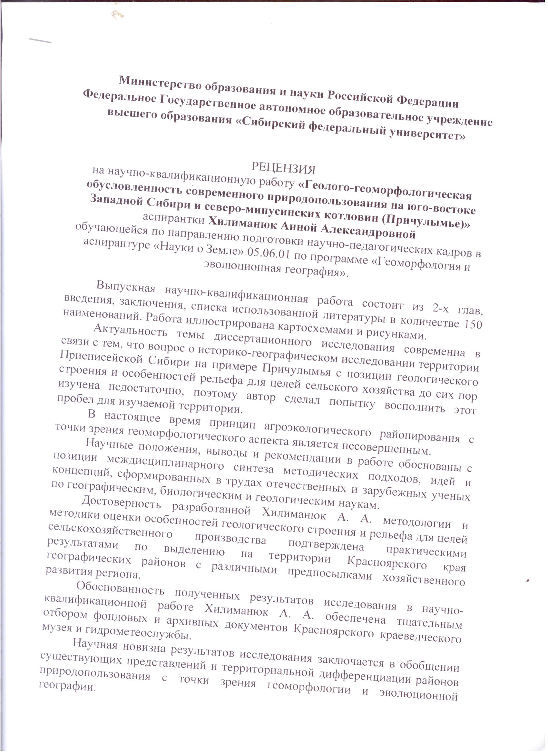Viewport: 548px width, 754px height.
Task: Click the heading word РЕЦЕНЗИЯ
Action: (283, 168)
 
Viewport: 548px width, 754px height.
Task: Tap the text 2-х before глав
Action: (441, 308)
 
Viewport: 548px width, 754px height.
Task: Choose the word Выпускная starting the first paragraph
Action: (126, 287)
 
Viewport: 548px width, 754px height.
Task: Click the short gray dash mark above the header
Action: (40, 41)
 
